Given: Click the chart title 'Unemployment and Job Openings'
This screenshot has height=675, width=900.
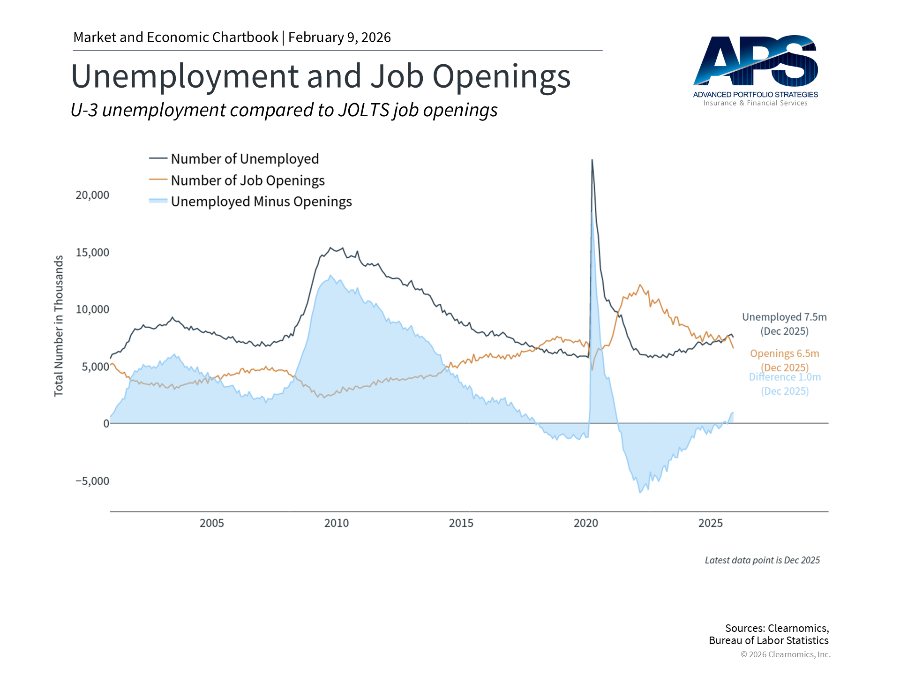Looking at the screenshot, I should tap(321, 76).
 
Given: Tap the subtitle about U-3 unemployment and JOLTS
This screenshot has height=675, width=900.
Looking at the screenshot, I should tap(284, 110).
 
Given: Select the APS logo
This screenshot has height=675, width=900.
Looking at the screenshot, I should tap(756, 70).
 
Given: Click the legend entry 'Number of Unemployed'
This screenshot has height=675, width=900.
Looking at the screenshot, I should tap(244, 159).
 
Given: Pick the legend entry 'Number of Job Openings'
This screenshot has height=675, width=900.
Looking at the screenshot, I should tap(247, 180).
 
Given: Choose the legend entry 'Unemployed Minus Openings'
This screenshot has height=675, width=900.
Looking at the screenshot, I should tap(261, 202).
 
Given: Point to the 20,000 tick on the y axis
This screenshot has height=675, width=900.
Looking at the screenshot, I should tap(92, 195).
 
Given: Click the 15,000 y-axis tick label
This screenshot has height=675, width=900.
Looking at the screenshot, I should tap(92, 253).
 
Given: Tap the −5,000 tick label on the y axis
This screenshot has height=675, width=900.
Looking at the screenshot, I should tap(92, 481).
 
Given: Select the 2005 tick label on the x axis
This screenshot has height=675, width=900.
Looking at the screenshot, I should tap(211, 523).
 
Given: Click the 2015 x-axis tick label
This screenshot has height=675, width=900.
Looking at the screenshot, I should tap(461, 523).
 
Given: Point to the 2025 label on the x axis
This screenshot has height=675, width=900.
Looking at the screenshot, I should tap(710, 523).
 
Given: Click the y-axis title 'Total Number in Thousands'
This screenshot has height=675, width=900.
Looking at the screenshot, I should tap(59, 326).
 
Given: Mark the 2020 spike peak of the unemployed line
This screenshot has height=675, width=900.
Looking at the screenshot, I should tap(592, 161).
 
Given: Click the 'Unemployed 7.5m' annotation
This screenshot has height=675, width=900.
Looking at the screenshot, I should tap(784, 317).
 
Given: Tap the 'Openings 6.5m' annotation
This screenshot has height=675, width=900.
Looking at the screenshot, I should tap(784, 353).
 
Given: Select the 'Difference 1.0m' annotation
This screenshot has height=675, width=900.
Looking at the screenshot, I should tap(785, 377).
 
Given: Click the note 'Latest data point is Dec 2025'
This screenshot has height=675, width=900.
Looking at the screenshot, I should tap(762, 560).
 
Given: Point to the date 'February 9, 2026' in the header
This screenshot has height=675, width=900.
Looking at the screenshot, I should tap(339, 37).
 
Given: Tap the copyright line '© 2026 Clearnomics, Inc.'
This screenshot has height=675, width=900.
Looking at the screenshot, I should tap(785, 654).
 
